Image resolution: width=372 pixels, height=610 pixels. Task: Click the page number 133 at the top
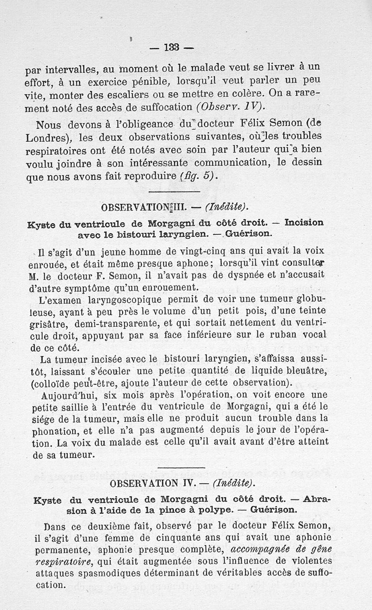[172, 47]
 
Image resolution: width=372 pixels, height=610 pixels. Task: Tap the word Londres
[47, 138]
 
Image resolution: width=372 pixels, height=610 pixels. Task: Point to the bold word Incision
[304, 222]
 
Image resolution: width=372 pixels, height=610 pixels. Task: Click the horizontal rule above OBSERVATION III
[173, 192]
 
